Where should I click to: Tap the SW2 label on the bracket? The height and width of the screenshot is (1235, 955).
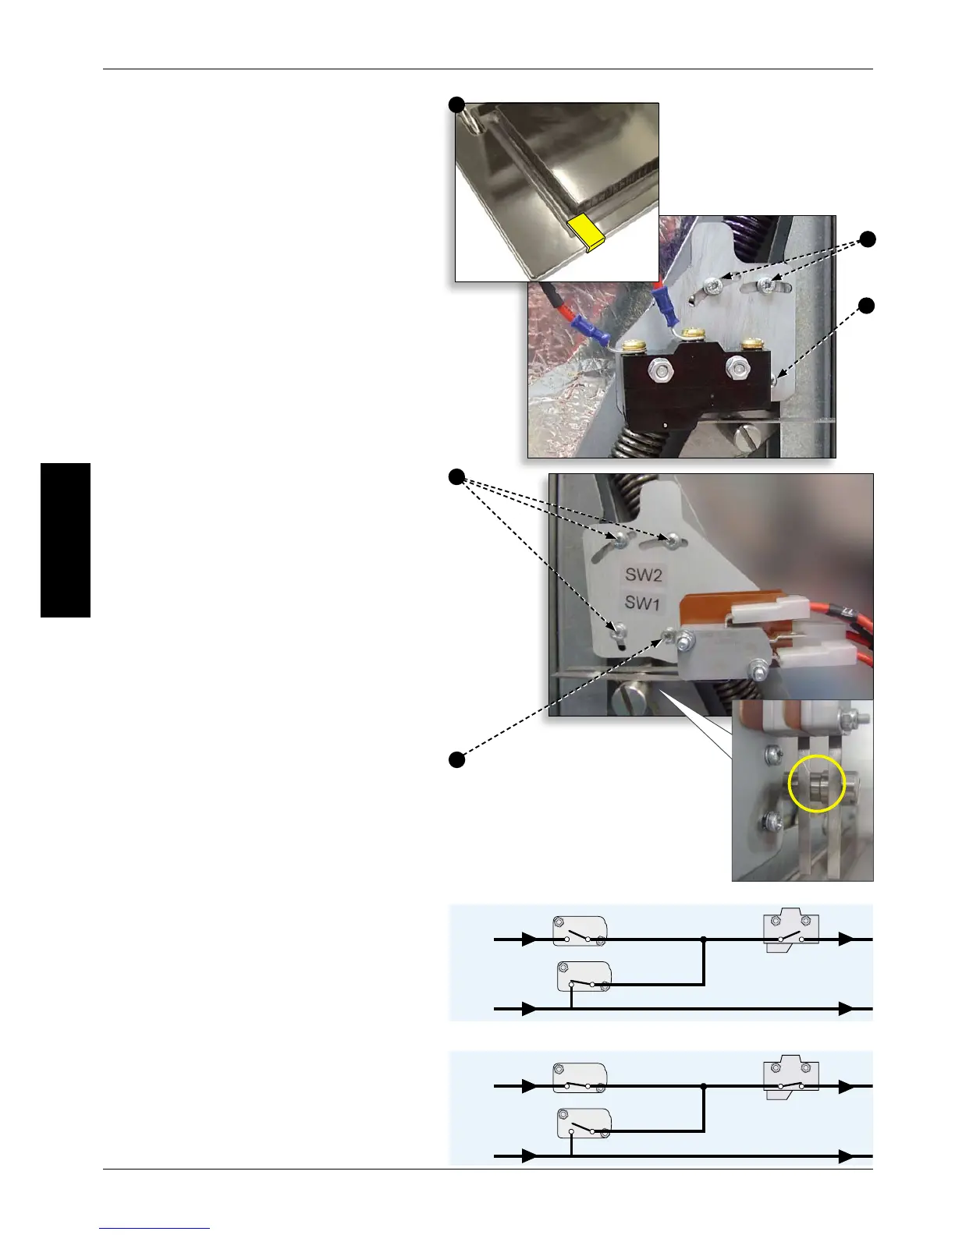(644, 575)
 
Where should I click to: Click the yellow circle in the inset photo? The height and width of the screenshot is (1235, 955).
(817, 784)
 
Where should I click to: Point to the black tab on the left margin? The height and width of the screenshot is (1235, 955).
(66, 540)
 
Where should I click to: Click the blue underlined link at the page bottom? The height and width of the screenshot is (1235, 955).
(154, 1228)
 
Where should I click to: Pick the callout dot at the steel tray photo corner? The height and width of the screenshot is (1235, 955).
(457, 104)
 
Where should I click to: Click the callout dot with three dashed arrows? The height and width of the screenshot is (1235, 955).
(457, 476)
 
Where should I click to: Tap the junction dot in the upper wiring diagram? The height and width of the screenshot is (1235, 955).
(704, 940)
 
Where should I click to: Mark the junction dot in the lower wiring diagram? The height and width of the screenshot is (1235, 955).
(704, 1086)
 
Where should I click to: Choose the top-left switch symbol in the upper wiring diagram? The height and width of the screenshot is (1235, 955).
(580, 931)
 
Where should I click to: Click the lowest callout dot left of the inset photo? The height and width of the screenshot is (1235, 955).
(457, 759)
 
